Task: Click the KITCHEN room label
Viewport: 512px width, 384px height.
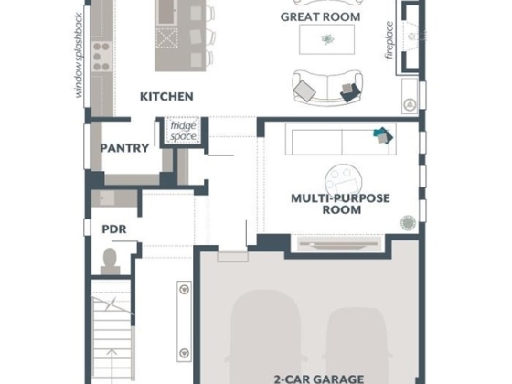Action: tap(166, 97)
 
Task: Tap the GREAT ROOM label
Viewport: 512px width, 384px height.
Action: tap(320, 17)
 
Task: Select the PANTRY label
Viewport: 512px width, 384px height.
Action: tap(124, 148)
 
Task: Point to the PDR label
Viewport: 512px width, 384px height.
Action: tap(114, 229)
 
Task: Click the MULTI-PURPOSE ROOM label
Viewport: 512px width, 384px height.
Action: tap(340, 204)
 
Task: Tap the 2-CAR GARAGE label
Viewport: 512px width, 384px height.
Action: tap(319, 379)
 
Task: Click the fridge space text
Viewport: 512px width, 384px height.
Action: tap(183, 131)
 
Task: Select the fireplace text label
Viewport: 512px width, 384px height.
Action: tap(389, 40)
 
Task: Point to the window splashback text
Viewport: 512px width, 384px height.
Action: tap(79, 55)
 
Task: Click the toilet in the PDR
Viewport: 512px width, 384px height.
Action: tap(110, 261)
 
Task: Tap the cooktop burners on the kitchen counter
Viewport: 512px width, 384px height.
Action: tap(101, 57)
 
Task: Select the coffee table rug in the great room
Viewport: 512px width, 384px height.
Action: tap(327, 39)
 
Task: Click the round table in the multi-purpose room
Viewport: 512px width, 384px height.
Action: tap(344, 182)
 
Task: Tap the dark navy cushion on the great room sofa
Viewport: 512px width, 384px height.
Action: tap(350, 91)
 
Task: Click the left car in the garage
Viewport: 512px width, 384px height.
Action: tap(265, 336)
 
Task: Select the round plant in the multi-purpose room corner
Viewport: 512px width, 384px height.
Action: tap(408, 223)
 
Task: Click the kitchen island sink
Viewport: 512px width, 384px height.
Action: tap(166, 12)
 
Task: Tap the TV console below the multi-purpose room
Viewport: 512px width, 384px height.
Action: tap(339, 244)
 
